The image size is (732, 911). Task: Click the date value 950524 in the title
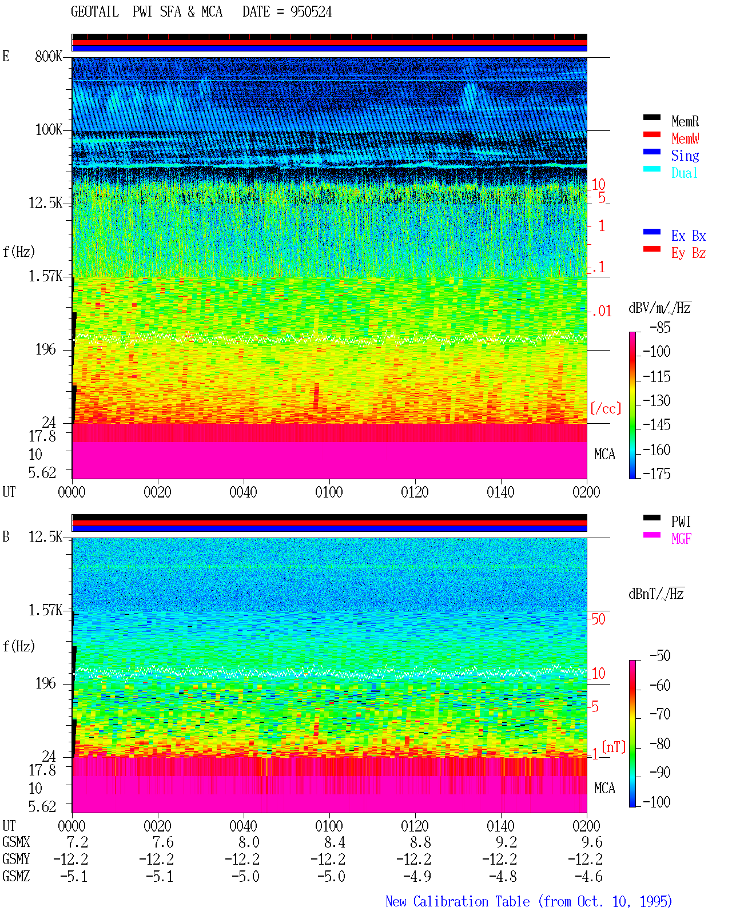tap(311, 12)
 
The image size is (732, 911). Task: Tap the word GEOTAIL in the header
tap(95, 12)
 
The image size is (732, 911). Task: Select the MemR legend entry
tap(685, 121)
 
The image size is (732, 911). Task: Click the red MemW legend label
tap(685, 138)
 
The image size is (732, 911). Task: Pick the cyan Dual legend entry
tap(684, 173)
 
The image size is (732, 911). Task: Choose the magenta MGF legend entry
tap(681, 539)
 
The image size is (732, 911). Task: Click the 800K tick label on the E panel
tap(48, 57)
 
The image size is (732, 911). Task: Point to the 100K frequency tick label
tap(48, 130)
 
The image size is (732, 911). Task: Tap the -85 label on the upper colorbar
tap(660, 328)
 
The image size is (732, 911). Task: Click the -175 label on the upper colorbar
tap(657, 474)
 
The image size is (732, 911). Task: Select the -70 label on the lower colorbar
tap(660, 714)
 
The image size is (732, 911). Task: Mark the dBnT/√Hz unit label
tap(657, 594)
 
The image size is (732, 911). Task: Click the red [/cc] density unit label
tap(606, 408)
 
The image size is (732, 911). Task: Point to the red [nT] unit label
tap(614, 747)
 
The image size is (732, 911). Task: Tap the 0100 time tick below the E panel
tap(329, 492)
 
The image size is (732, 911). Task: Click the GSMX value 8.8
tap(420, 842)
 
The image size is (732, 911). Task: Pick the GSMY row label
tap(16, 860)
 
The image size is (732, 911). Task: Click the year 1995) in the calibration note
tap(656, 901)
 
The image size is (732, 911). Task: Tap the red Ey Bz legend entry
tap(689, 253)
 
